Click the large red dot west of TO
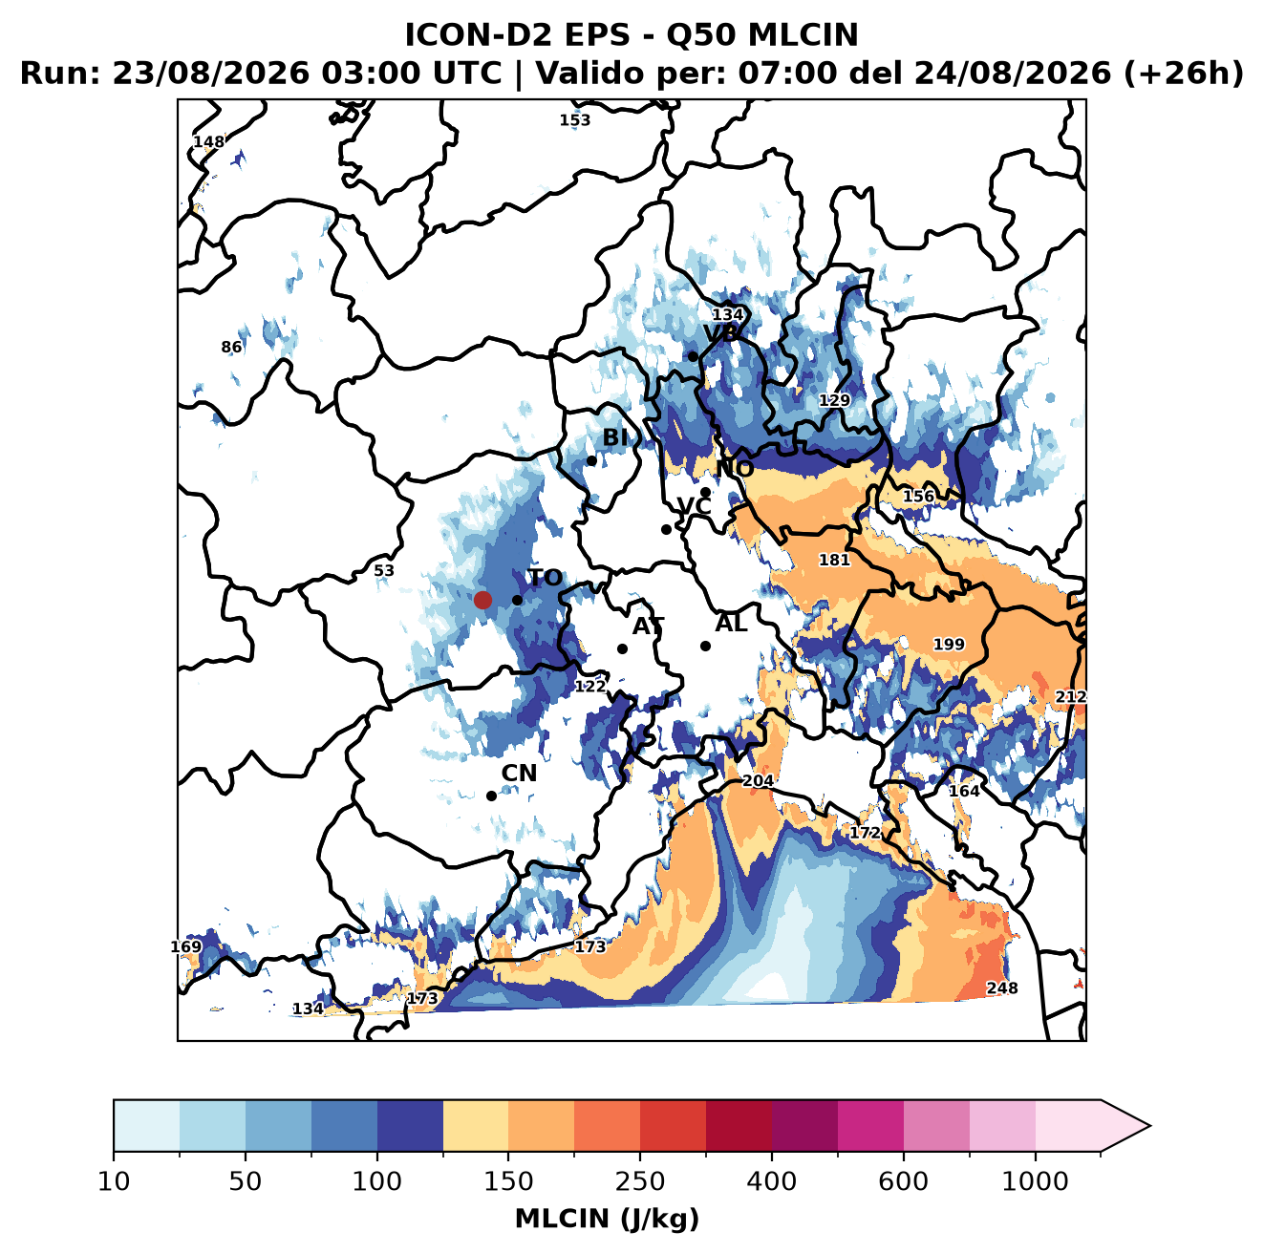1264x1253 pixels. click(x=482, y=600)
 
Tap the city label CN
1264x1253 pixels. click(x=518, y=774)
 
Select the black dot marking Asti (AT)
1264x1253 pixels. click(x=622, y=648)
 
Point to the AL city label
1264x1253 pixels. click(x=731, y=623)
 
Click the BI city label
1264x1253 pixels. click(x=614, y=437)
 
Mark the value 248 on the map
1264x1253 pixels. click(x=1001, y=988)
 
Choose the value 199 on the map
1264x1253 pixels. click(x=949, y=644)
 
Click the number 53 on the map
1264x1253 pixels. click(x=384, y=570)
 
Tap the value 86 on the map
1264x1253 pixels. click(x=231, y=347)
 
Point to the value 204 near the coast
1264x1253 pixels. click(x=758, y=780)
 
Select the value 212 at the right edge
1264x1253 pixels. click(x=1070, y=696)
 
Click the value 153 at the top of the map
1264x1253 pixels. click(x=574, y=120)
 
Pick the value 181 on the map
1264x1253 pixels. click(x=834, y=560)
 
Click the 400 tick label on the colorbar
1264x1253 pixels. click(x=771, y=1180)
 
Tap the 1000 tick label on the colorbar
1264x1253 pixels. click(x=1035, y=1180)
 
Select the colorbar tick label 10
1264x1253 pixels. click(x=114, y=1180)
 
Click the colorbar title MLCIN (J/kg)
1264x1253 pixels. click(x=607, y=1219)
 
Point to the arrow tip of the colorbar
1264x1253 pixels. click(x=1149, y=1126)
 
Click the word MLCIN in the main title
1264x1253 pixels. click(x=803, y=34)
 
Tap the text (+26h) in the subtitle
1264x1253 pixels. click(x=1183, y=74)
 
